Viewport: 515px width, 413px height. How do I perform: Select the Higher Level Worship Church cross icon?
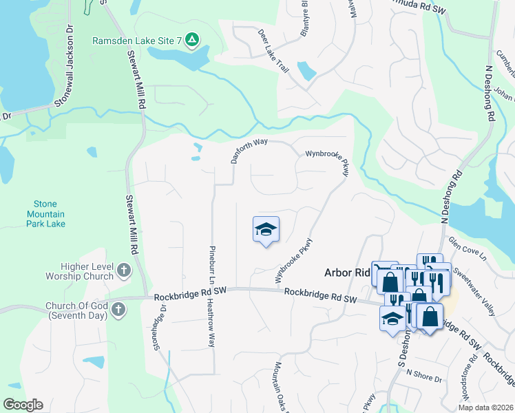[124, 270]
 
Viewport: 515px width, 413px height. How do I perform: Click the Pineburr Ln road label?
[212, 266]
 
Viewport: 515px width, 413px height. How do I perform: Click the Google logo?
[23, 405]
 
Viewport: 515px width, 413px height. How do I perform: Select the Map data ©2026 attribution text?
[485, 407]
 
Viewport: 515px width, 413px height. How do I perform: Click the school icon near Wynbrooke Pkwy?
[266, 230]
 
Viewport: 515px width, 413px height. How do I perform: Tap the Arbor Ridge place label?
[348, 273]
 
